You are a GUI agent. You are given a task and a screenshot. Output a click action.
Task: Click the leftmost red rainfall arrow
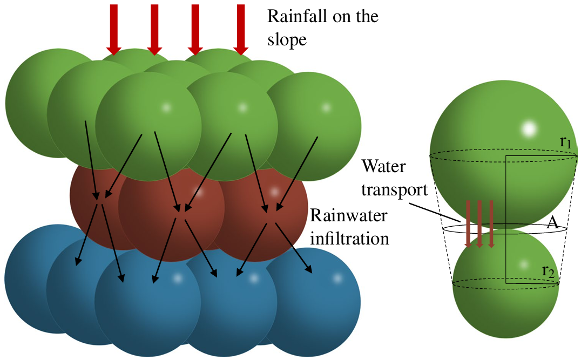tap(114, 30)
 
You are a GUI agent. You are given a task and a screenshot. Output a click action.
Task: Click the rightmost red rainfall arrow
tap(241, 30)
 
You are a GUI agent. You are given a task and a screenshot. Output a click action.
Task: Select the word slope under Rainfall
tap(287, 40)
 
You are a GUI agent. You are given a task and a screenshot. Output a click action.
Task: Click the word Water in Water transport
tap(384, 166)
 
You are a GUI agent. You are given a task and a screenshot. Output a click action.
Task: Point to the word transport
tap(395, 190)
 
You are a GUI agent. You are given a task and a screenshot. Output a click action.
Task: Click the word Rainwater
tap(349, 215)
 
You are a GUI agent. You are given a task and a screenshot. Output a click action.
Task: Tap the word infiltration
tap(350, 239)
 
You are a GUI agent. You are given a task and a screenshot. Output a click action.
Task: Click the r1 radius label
tap(565, 141)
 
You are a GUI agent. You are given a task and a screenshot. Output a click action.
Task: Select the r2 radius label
tap(549, 271)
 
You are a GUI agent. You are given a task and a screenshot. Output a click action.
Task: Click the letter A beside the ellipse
tap(552, 222)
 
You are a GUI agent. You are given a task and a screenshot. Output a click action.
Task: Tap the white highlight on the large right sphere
tap(529, 129)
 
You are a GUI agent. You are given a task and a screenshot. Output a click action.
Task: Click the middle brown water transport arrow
tap(479, 224)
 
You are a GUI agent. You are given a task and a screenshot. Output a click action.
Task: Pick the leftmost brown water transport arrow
tap(468, 224)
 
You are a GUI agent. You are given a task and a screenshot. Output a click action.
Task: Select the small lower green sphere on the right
tap(506, 283)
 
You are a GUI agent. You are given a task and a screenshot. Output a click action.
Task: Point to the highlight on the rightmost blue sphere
tap(337, 278)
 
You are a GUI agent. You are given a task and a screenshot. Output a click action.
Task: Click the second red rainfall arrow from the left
tap(154, 30)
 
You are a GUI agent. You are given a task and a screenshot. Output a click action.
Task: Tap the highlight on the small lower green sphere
tap(524, 264)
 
